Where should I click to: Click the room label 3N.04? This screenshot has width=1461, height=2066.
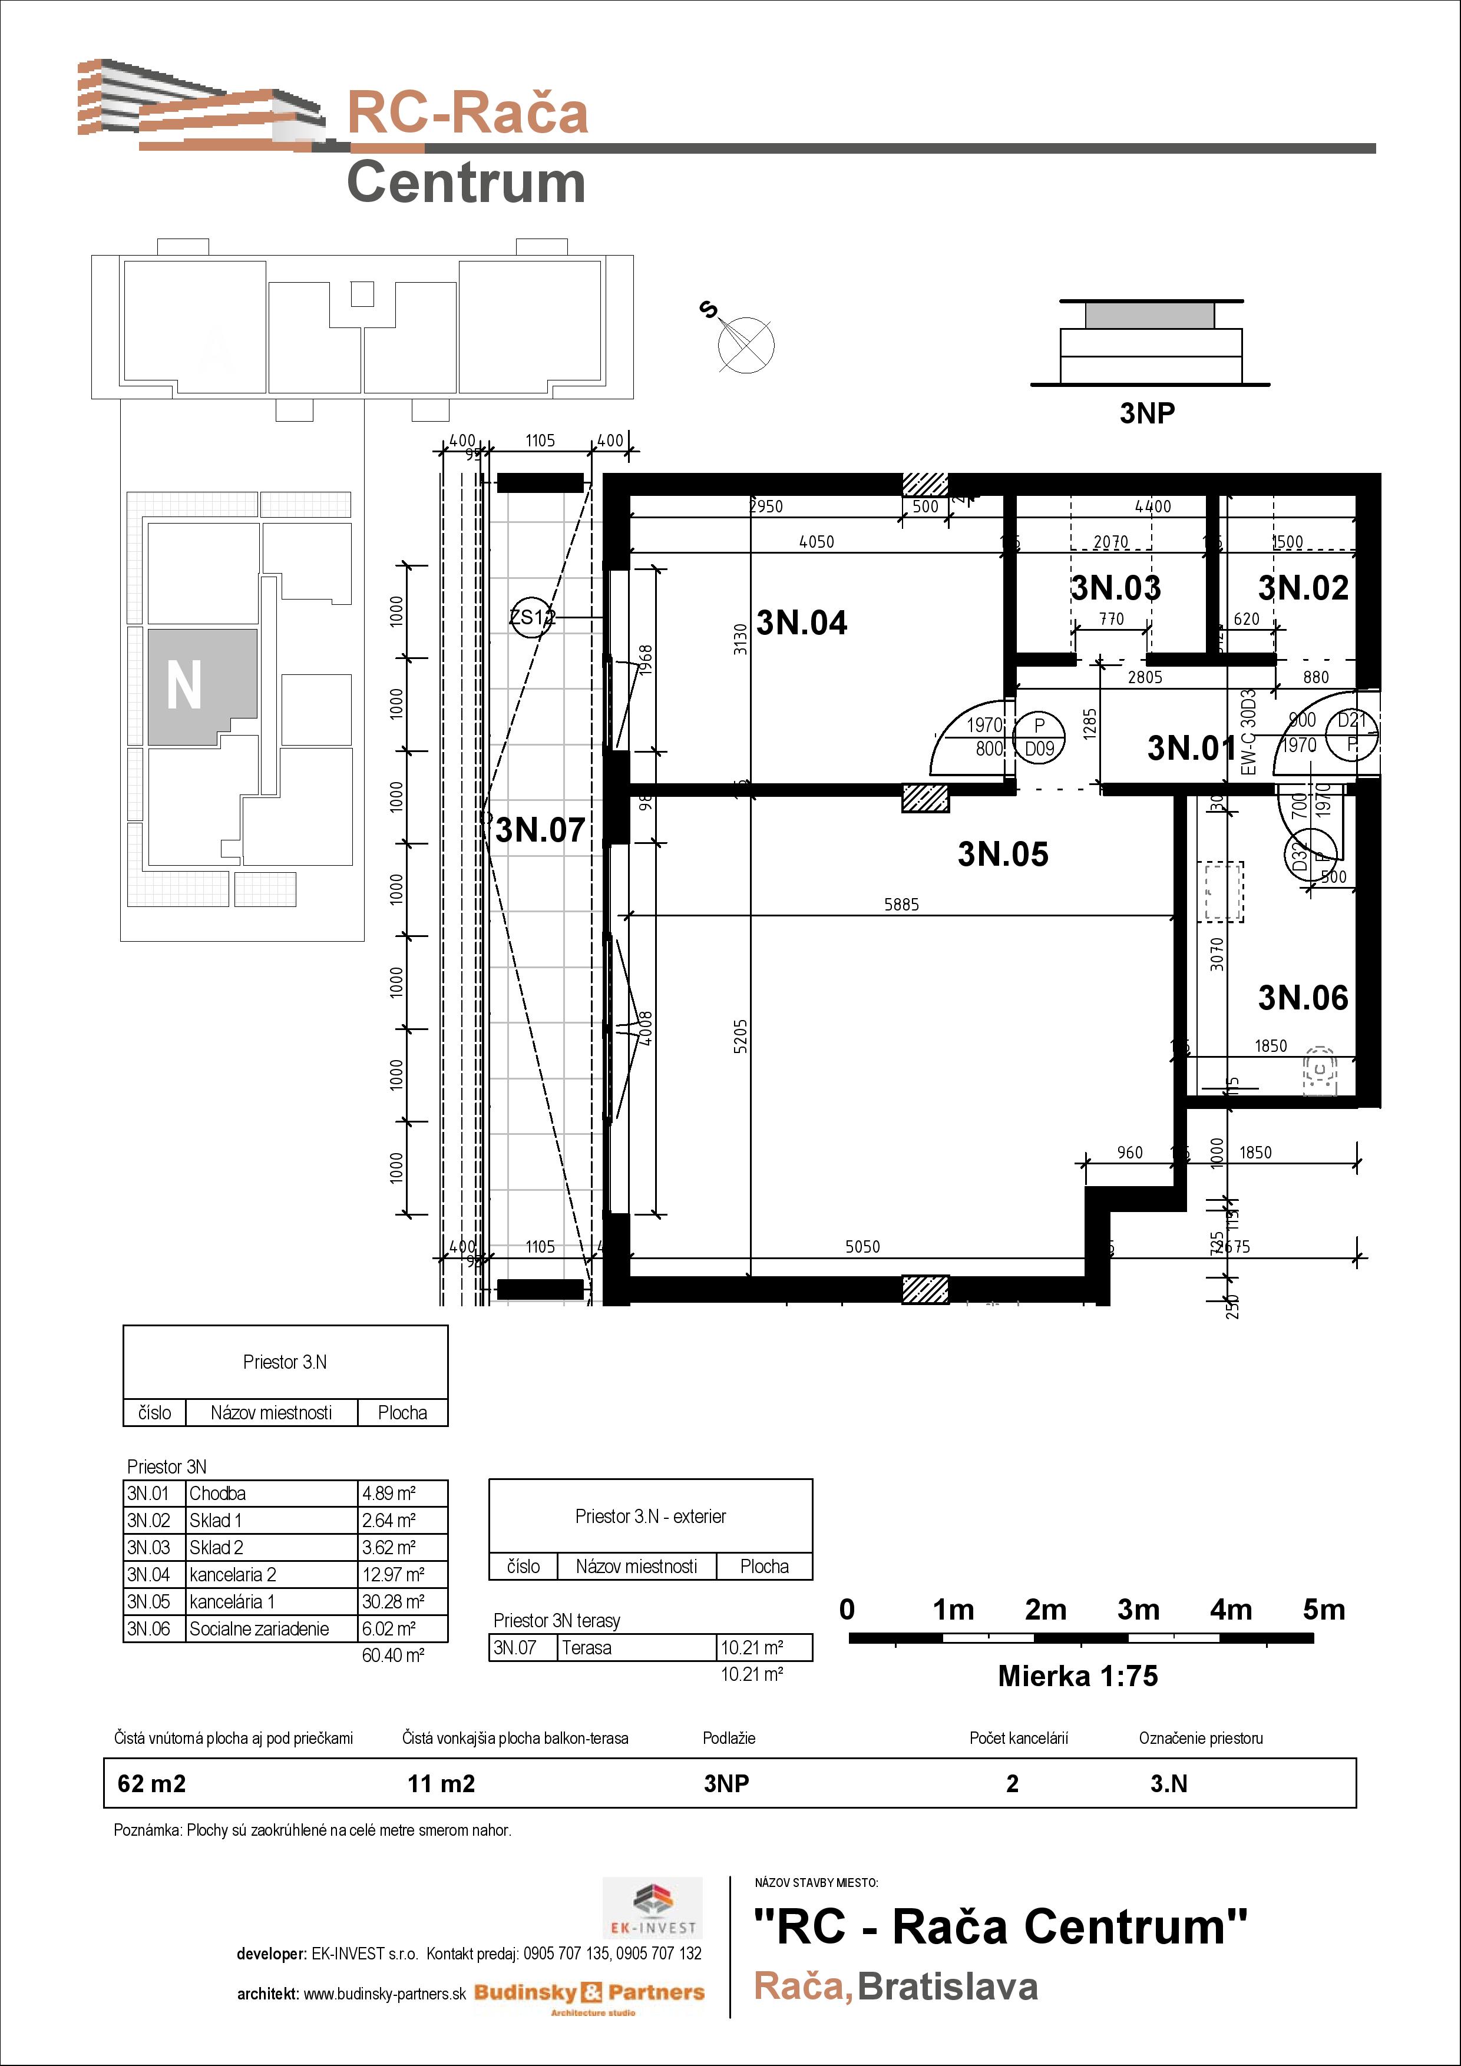pyautogui.click(x=801, y=623)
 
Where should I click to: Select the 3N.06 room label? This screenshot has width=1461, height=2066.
pyautogui.click(x=1303, y=998)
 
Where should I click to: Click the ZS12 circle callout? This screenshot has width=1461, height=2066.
pyautogui.click(x=531, y=617)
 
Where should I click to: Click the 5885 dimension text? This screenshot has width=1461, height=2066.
pyautogui.click(x=901, y=905)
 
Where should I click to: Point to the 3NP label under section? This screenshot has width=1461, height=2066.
pyautogui.click(x=1147, y=413)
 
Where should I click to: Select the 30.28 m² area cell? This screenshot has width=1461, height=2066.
pyautogui.click(x=392, y=1602)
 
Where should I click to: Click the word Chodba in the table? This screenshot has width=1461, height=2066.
pyautogui.click(x=217, y=1494)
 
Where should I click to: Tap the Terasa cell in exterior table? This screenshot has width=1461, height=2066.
pyautogui.click(x=586, y=1648)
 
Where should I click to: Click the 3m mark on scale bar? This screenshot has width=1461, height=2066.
pyautogui.click(x=1138, y=1609)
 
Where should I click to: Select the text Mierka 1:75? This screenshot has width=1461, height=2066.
pyautogui.click(x=1077, y=1676)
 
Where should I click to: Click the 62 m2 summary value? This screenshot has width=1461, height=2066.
pyautogui.click(x=151, y=1783)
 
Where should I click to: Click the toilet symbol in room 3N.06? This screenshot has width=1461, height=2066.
pyautogui.click(x=1319, y=1070)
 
